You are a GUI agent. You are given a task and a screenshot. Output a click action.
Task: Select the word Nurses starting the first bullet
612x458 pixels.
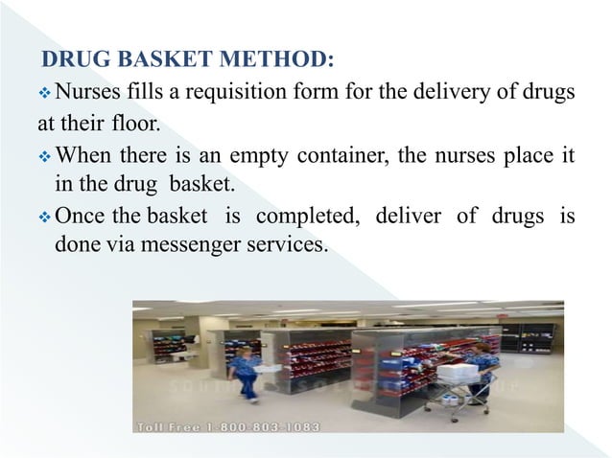(87, 94)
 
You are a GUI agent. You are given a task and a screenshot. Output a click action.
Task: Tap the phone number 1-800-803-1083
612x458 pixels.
(269, 424)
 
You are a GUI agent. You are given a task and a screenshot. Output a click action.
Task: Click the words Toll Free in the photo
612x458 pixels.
(174, 424)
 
